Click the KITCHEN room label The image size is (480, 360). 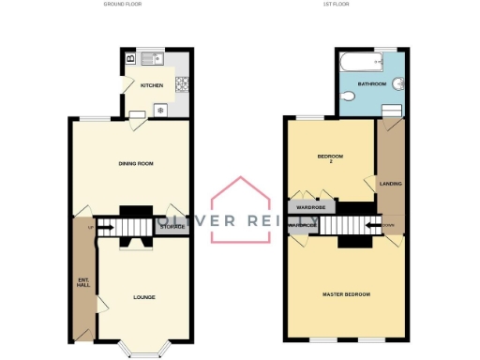click(x=152, y=85)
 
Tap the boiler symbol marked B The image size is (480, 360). click(x=130, y=59)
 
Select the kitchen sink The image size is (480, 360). click(x=152, y=59)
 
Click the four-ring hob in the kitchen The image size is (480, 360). click(x=184, y=81)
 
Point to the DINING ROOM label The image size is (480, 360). click(x=135, y=164)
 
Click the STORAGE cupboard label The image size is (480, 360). click(x=172, y=227)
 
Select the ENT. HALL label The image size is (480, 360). click(x=82, y=282)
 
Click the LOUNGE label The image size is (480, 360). click(x=143, y=297)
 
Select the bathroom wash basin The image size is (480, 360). click(x=398, y=83)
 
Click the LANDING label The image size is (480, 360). click(x=390, y=184)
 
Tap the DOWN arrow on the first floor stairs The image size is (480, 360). click(x=387, y=226)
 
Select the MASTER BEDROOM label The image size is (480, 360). click(x=346, y=294)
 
